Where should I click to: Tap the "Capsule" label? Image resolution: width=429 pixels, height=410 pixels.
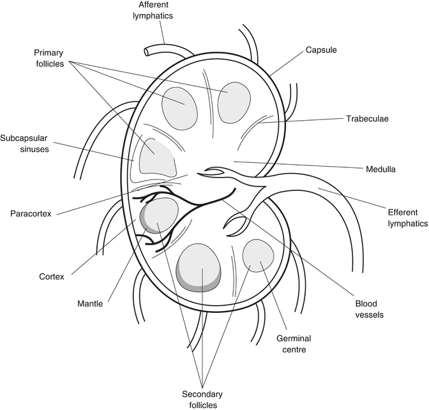click(x=321, y=49)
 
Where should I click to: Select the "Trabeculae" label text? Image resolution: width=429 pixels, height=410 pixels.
click(x=368, y=119)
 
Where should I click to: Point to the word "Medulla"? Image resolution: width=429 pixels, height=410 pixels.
click(x=381, y=170)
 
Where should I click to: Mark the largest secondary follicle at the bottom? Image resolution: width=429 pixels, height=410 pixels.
click(x=200, y=266)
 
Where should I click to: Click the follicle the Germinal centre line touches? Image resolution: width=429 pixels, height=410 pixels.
click(x=259, y=255)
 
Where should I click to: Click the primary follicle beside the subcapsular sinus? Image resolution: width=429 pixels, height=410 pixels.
click(x=156, y=157)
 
